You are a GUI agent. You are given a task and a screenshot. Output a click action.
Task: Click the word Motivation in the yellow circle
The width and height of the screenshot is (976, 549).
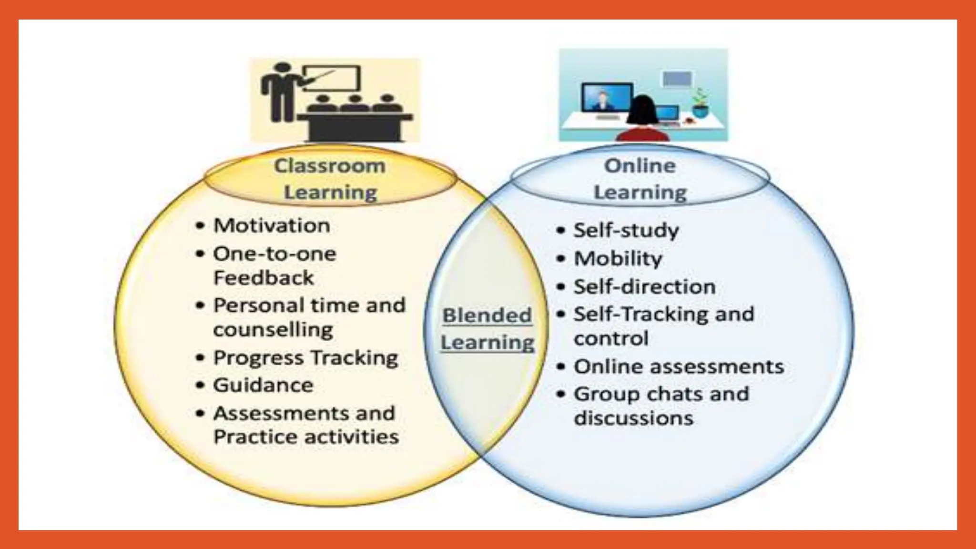[272, 225]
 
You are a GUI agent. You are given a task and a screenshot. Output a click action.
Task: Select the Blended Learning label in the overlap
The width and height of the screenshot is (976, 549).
[487, 329]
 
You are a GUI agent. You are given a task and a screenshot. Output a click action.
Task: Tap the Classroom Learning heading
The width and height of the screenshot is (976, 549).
[330, 179]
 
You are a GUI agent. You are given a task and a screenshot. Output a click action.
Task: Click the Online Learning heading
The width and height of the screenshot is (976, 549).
[640, 179]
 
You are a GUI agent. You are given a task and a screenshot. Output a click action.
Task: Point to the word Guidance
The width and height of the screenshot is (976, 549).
[263, 385]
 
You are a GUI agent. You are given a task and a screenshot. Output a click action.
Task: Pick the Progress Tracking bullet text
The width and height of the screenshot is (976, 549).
[305, 357]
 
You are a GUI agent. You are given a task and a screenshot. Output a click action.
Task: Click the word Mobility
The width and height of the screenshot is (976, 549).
[618, 259]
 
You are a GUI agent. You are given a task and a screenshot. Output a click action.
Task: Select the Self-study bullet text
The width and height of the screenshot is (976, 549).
[626, 230]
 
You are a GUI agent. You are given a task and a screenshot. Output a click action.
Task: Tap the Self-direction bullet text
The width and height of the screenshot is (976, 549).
[645, 287]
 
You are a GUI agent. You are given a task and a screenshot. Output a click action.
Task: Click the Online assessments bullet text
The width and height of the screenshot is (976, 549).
[679, 366]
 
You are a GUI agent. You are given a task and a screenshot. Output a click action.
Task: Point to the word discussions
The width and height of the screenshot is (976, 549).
[633, 418]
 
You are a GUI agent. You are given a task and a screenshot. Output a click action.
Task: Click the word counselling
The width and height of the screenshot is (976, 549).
[273, 330]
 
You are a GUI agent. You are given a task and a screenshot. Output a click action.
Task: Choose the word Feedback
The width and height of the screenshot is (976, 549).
[264, 278]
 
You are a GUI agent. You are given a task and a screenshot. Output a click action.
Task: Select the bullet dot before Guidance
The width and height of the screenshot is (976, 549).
[201, 386]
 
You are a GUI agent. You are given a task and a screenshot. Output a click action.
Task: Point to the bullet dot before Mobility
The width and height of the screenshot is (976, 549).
[561, 259]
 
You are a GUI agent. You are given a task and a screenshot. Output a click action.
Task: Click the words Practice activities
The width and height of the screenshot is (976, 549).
[306, 437]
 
